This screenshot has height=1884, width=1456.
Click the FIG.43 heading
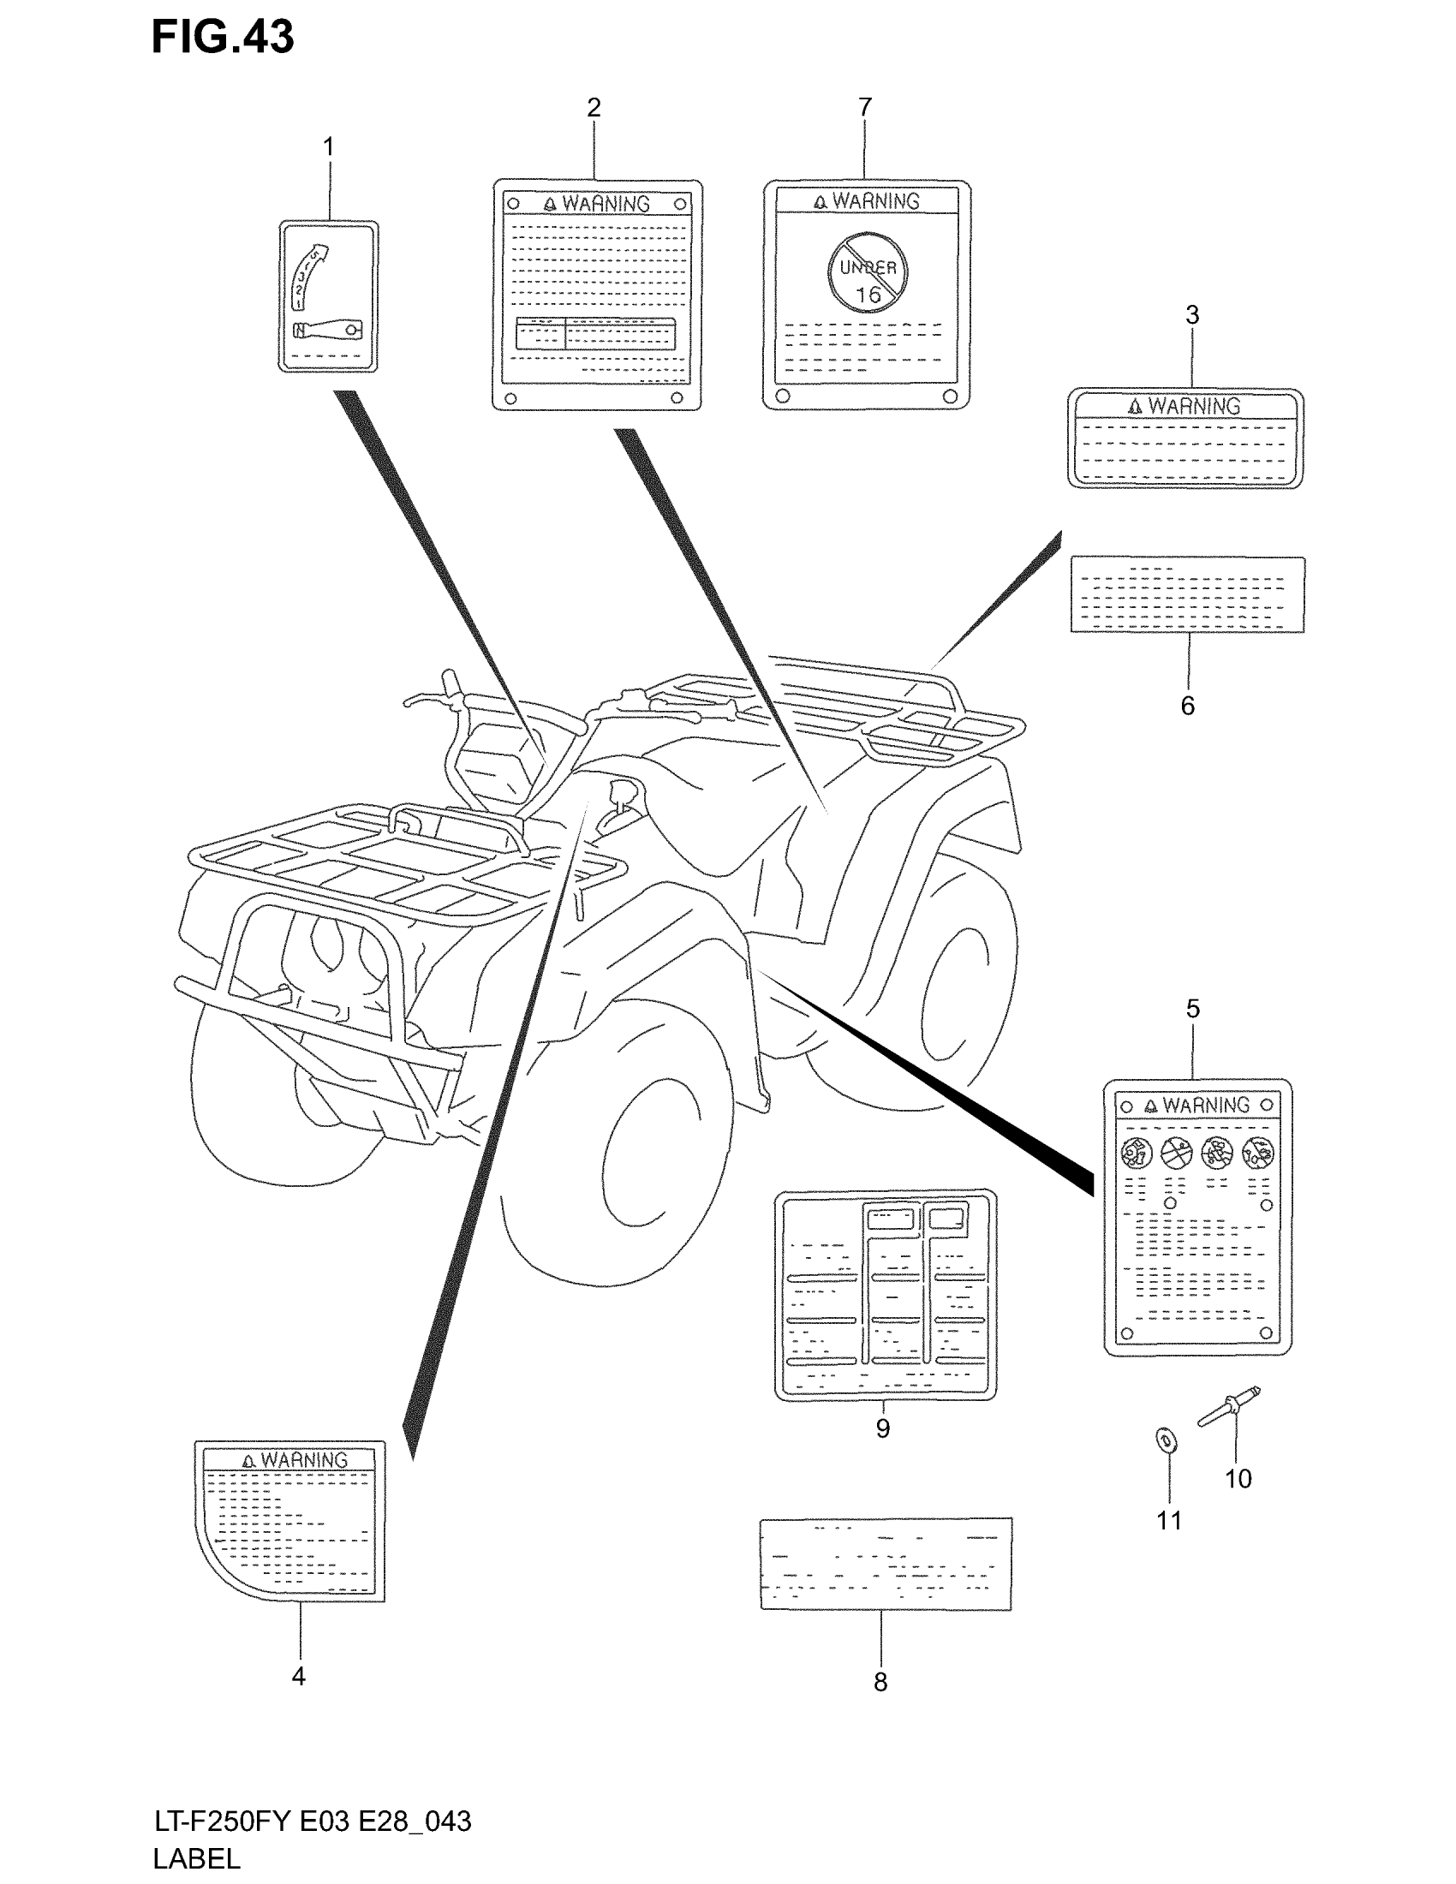[x=223, y=37]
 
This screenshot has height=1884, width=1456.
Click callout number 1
[x=328, y=146]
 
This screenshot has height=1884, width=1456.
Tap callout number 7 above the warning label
[x=865, y=107]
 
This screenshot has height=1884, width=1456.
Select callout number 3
[x=1192, y=315]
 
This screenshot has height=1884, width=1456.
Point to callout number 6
[x=1188, y=706]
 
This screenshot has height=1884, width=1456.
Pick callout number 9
[x=882, y=1428]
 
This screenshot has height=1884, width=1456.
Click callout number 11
[x=1169, y=1520]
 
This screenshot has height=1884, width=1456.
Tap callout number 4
[x=298, y=1676]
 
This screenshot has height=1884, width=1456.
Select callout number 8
[x=880, y=1681]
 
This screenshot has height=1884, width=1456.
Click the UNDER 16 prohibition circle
[x=868, y=271]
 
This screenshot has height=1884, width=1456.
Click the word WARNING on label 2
[x=606, y=204]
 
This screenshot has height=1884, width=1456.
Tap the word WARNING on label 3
[x=1194, y=405]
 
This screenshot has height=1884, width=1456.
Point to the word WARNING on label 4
[x=304, y=1459]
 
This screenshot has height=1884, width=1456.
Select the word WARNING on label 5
[x=1205, y=1105]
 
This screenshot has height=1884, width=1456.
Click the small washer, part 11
[x=1167, y=1440]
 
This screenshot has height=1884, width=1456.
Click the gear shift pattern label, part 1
[x=328, y=296]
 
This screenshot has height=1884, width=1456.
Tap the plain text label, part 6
[x=1187, y=594]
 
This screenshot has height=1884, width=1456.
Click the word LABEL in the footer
[x=197, y=1858]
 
